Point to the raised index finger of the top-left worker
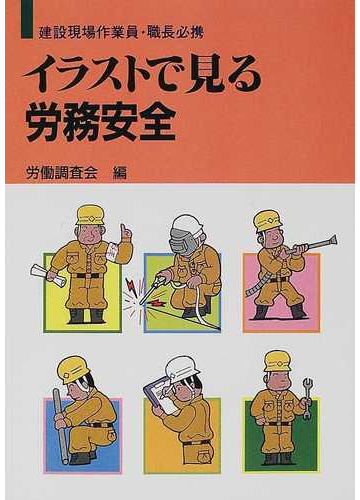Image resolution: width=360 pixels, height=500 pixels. [x=125, y=231]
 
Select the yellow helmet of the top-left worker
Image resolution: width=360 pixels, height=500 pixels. [x=90, y=214]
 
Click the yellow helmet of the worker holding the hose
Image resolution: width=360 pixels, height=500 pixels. [x=267, y=219]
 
